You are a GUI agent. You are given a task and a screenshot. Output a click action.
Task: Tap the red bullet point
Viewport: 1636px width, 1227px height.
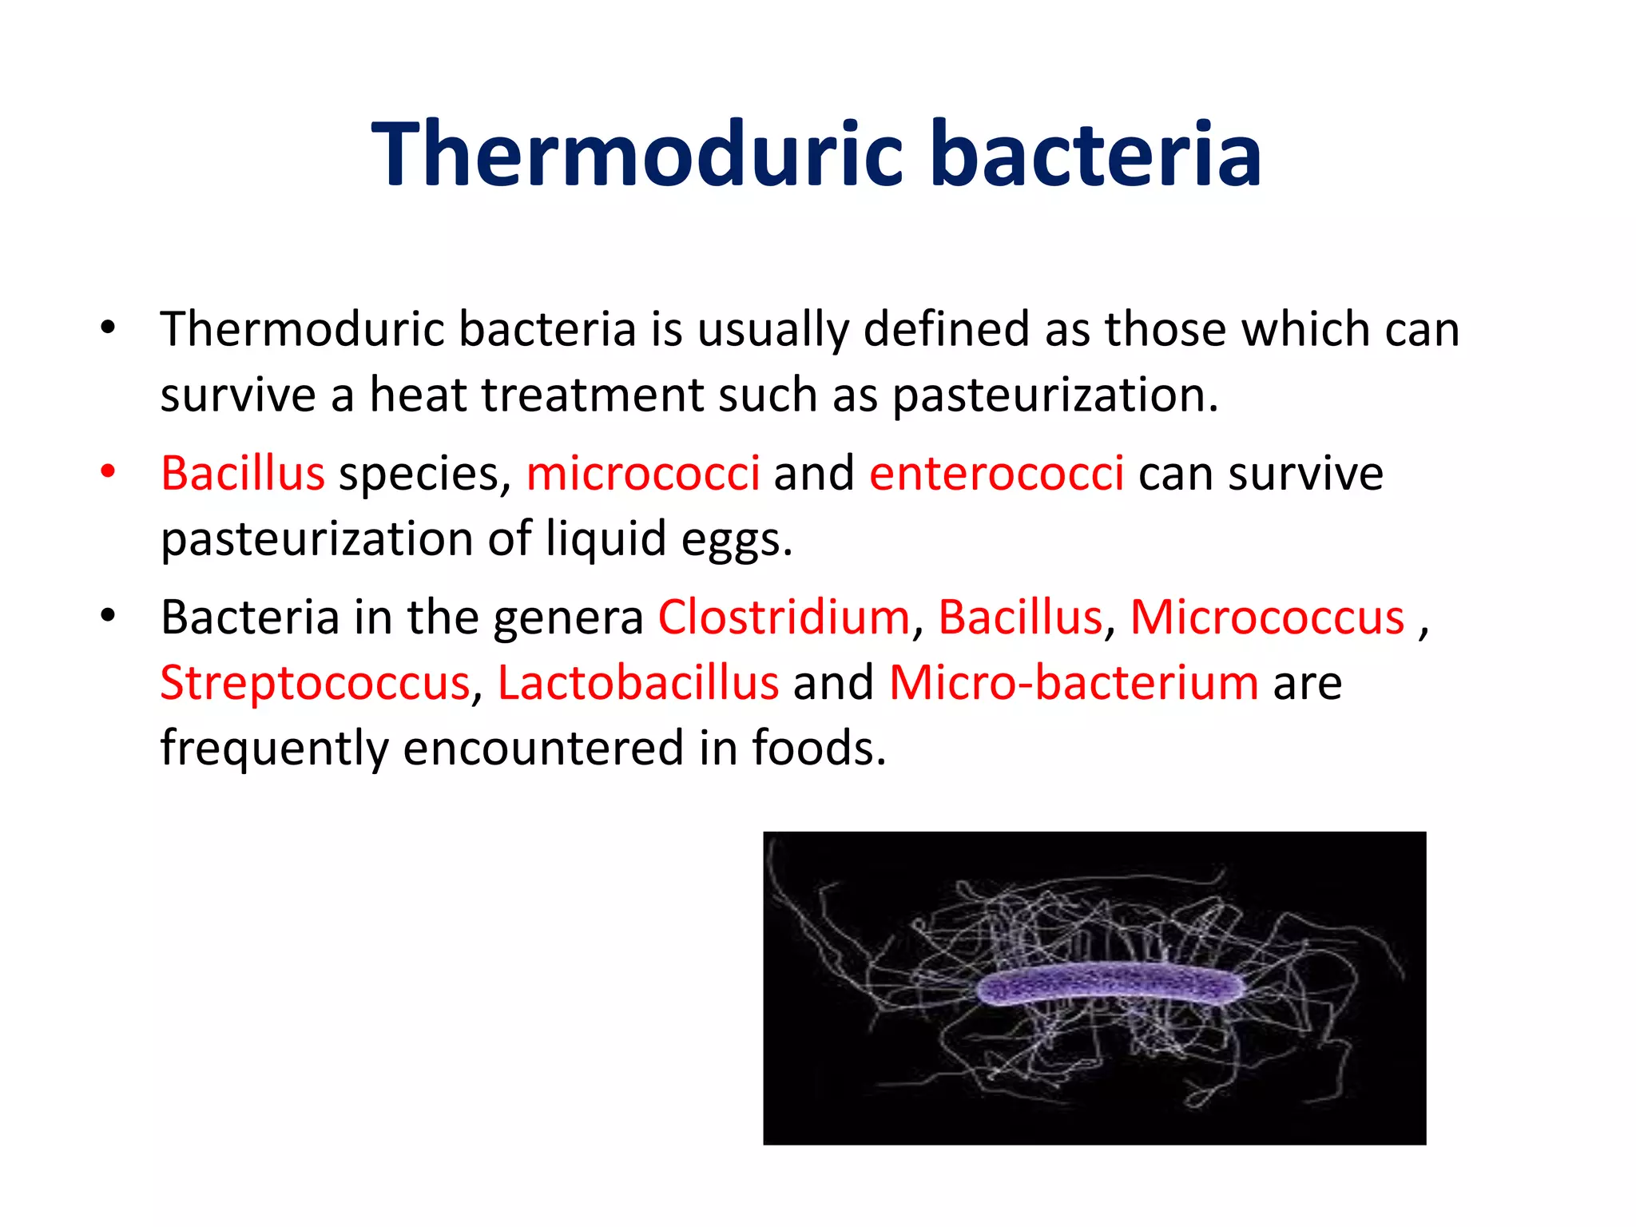pyautogui.click(x=108, y=471)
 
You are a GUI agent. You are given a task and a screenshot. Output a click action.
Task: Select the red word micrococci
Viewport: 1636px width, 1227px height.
pyautogui.click(x=642, y=473)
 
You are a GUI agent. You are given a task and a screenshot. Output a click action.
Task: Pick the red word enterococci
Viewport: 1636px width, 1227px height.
pyautogui.click(x=996, y=473)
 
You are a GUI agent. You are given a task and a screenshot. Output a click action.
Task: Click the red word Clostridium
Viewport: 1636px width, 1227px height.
pyautogui.click(x=784, y=617)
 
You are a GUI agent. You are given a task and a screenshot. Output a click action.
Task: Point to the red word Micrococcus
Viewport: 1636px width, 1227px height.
pyautogui.click(x=1267, y=617)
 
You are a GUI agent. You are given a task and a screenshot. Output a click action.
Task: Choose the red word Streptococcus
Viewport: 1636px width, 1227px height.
pyautogui.click(x=316, y=683)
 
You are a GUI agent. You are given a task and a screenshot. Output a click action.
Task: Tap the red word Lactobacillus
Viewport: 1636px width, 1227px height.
pyautogui.click(x=637, y=683)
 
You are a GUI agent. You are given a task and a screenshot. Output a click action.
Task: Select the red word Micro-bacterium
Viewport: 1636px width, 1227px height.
pyautogui.click(x=1074, y=683)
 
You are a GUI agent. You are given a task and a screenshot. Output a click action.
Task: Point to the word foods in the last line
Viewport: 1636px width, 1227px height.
pyautogui.click(x=818, y=748)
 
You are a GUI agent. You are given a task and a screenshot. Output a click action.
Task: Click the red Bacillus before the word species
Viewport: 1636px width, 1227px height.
pyautogui.click(x=243, y=473)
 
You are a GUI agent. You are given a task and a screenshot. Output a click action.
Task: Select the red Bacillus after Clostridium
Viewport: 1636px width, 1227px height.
pyautogui.click(x=1019, y=617)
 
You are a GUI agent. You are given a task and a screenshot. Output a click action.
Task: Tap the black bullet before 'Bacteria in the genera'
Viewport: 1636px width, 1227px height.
pyautogui.click(x=108, y=616)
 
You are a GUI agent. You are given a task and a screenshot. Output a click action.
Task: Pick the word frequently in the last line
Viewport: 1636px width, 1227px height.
pyautogui.click(x=274, y=749)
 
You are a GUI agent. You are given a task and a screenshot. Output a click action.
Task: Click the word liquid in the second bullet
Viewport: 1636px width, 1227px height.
pyautogui.click(x=606, y=539)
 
